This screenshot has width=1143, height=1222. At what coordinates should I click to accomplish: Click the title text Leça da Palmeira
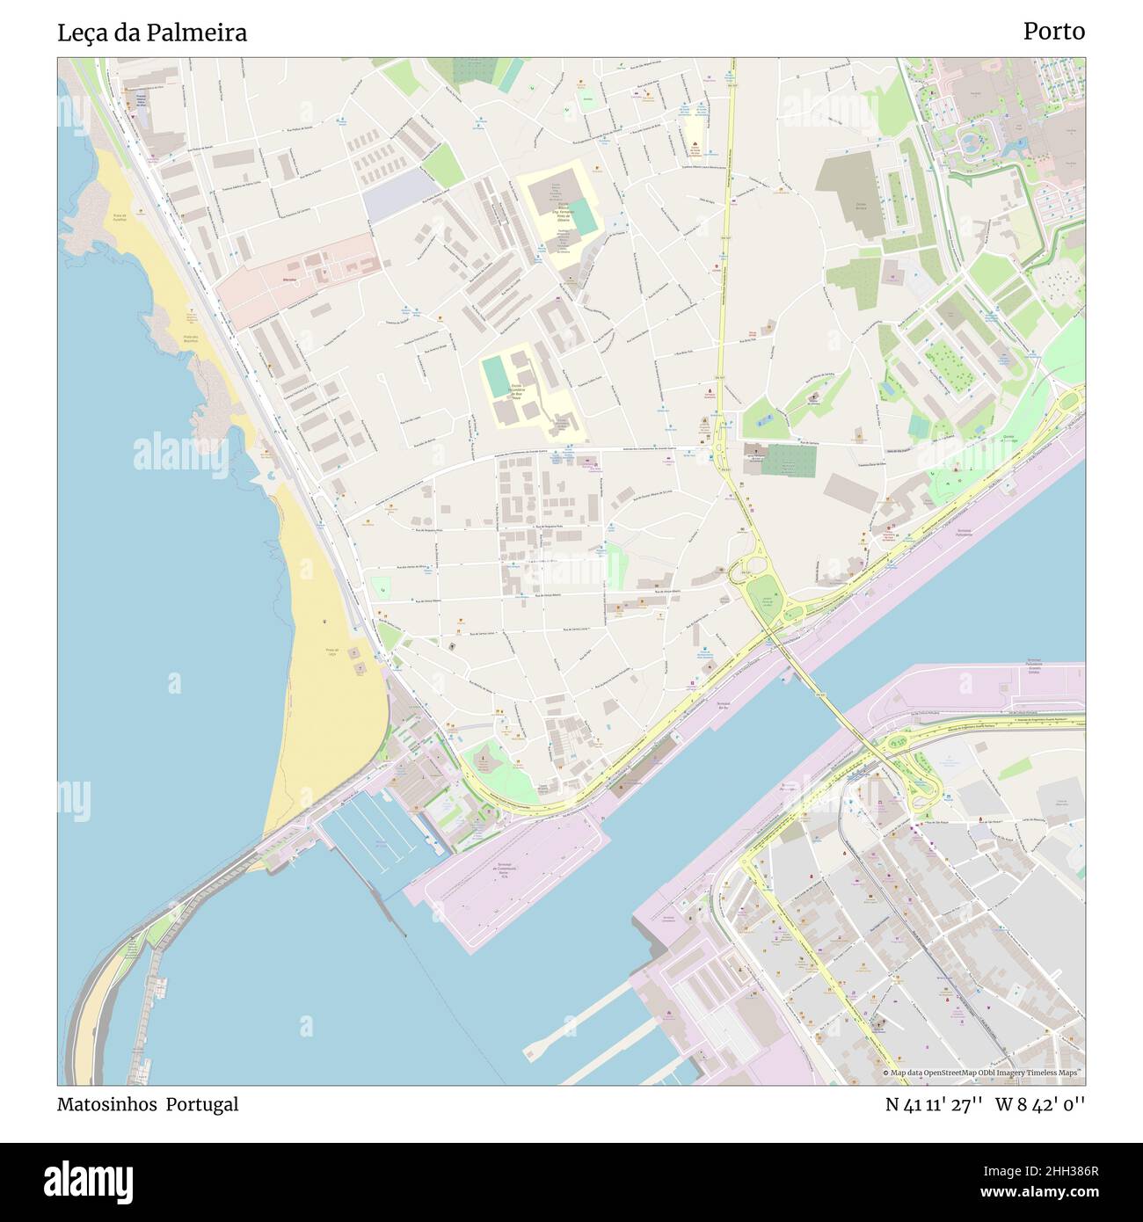151,33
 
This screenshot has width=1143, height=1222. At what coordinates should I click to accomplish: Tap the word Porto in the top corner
1053,32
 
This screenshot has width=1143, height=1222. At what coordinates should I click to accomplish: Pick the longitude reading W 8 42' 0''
1040,1104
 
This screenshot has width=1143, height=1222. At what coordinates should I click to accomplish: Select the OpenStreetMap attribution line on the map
983,1073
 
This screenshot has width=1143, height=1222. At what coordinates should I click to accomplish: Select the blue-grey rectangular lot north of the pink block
400,195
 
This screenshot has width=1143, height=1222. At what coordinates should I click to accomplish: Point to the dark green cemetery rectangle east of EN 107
788,460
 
